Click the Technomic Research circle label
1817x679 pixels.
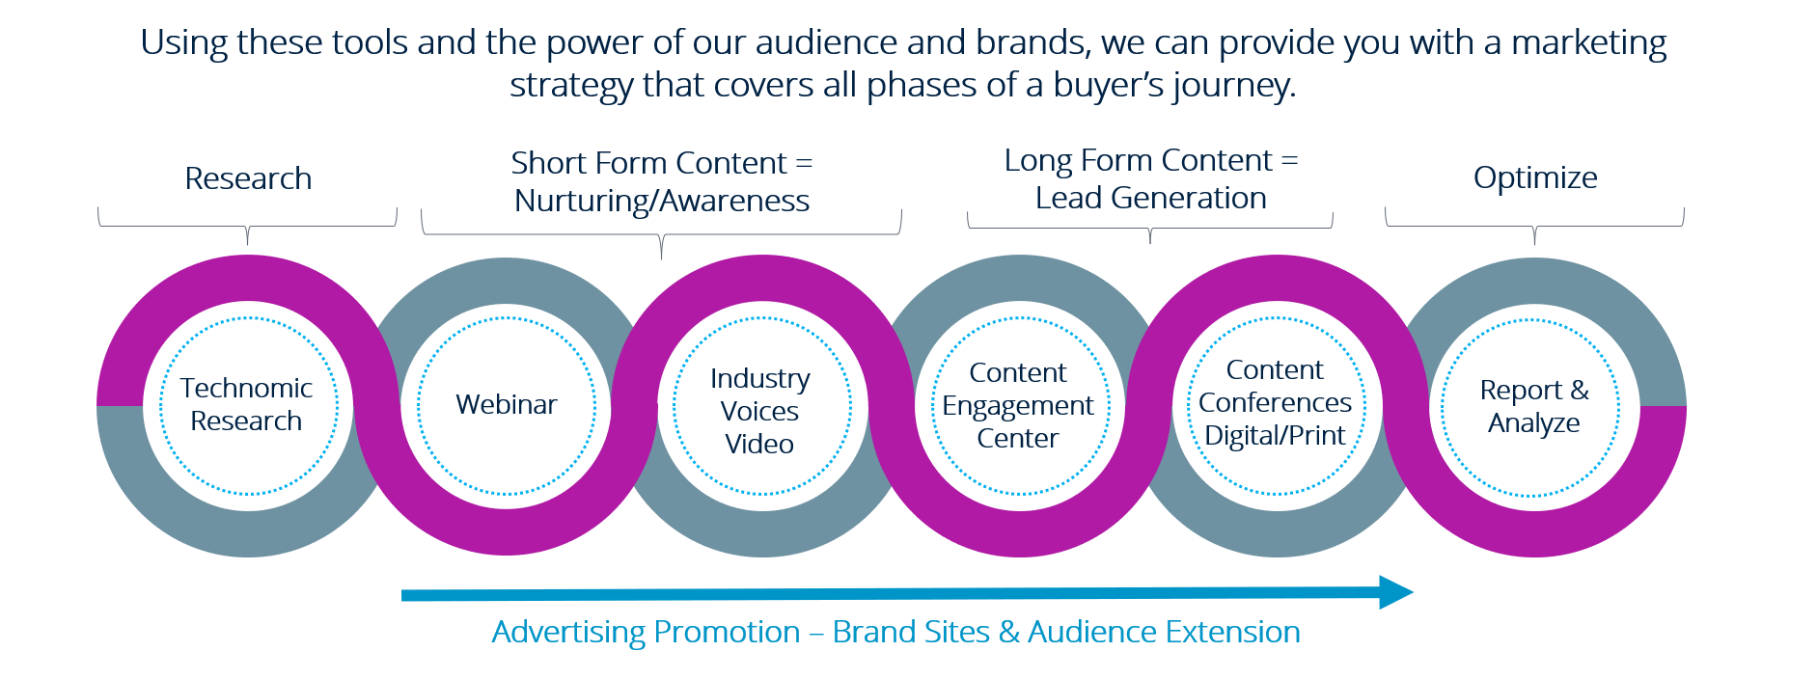[x=246, y=404]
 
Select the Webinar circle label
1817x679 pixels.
[x=507, y=404]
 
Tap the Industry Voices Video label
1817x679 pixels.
[x=760, y=411]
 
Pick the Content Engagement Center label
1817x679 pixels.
[x=1018, y=405]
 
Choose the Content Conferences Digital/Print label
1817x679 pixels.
[x=1275, y=402]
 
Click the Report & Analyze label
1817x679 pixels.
[x=1534, y=406]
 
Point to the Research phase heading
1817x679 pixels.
[x=248, y=178]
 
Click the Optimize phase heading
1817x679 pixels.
[x=1535, y=178]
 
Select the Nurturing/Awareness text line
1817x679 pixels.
[x=662, y=201]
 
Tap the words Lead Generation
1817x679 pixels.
[x=1150, y=198]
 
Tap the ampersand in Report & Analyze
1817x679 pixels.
[x=1579, y=391]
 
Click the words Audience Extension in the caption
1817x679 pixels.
[x=1164, y=632]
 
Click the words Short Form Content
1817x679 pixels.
[x=648, y=163]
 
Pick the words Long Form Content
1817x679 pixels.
[x=1139, y=160]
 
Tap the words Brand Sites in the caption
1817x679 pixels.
[x=911, y=632]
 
